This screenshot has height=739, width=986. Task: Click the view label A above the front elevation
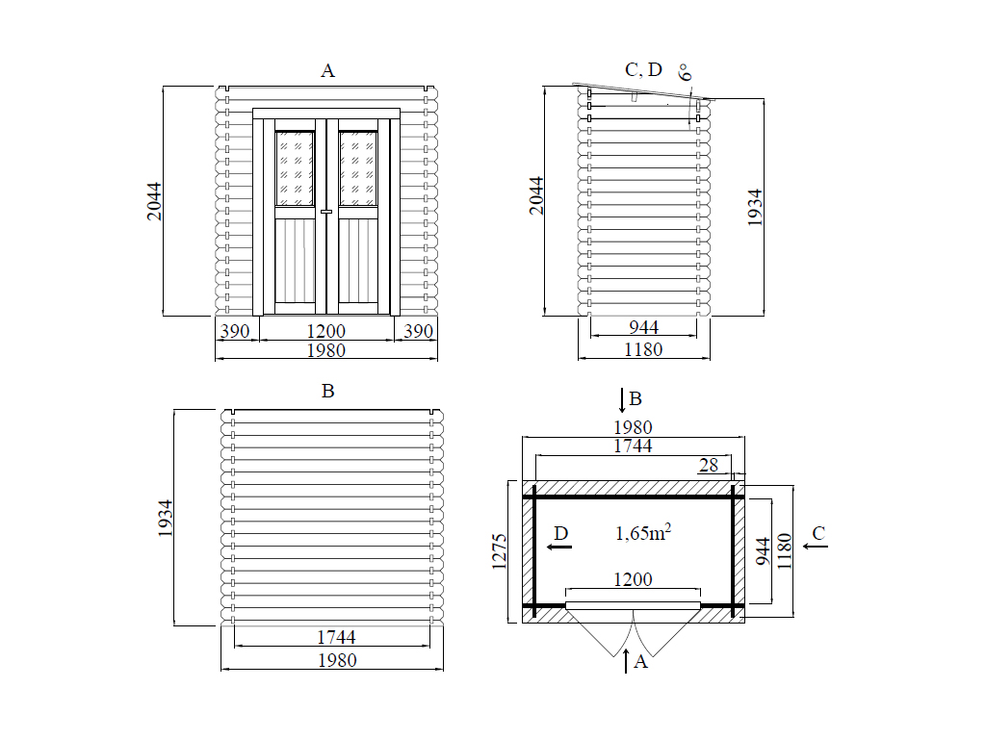click(x=327, y=71)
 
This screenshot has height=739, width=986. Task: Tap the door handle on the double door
click(x=326, y=212)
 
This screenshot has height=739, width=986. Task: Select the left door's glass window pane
click(x=295, y=168)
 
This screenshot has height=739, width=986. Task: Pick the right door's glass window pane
click(x=358, y=168)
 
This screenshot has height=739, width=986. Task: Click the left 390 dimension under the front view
click(x=235, y=331)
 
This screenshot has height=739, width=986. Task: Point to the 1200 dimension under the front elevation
click(x=325, y=331)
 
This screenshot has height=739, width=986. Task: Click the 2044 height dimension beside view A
click(x=154, y=201)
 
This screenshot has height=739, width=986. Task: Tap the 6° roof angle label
click(x=686, y=72)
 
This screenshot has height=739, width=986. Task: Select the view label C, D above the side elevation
click(x=643, y=69)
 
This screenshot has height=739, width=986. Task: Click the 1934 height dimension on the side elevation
click(x=755, y=208)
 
